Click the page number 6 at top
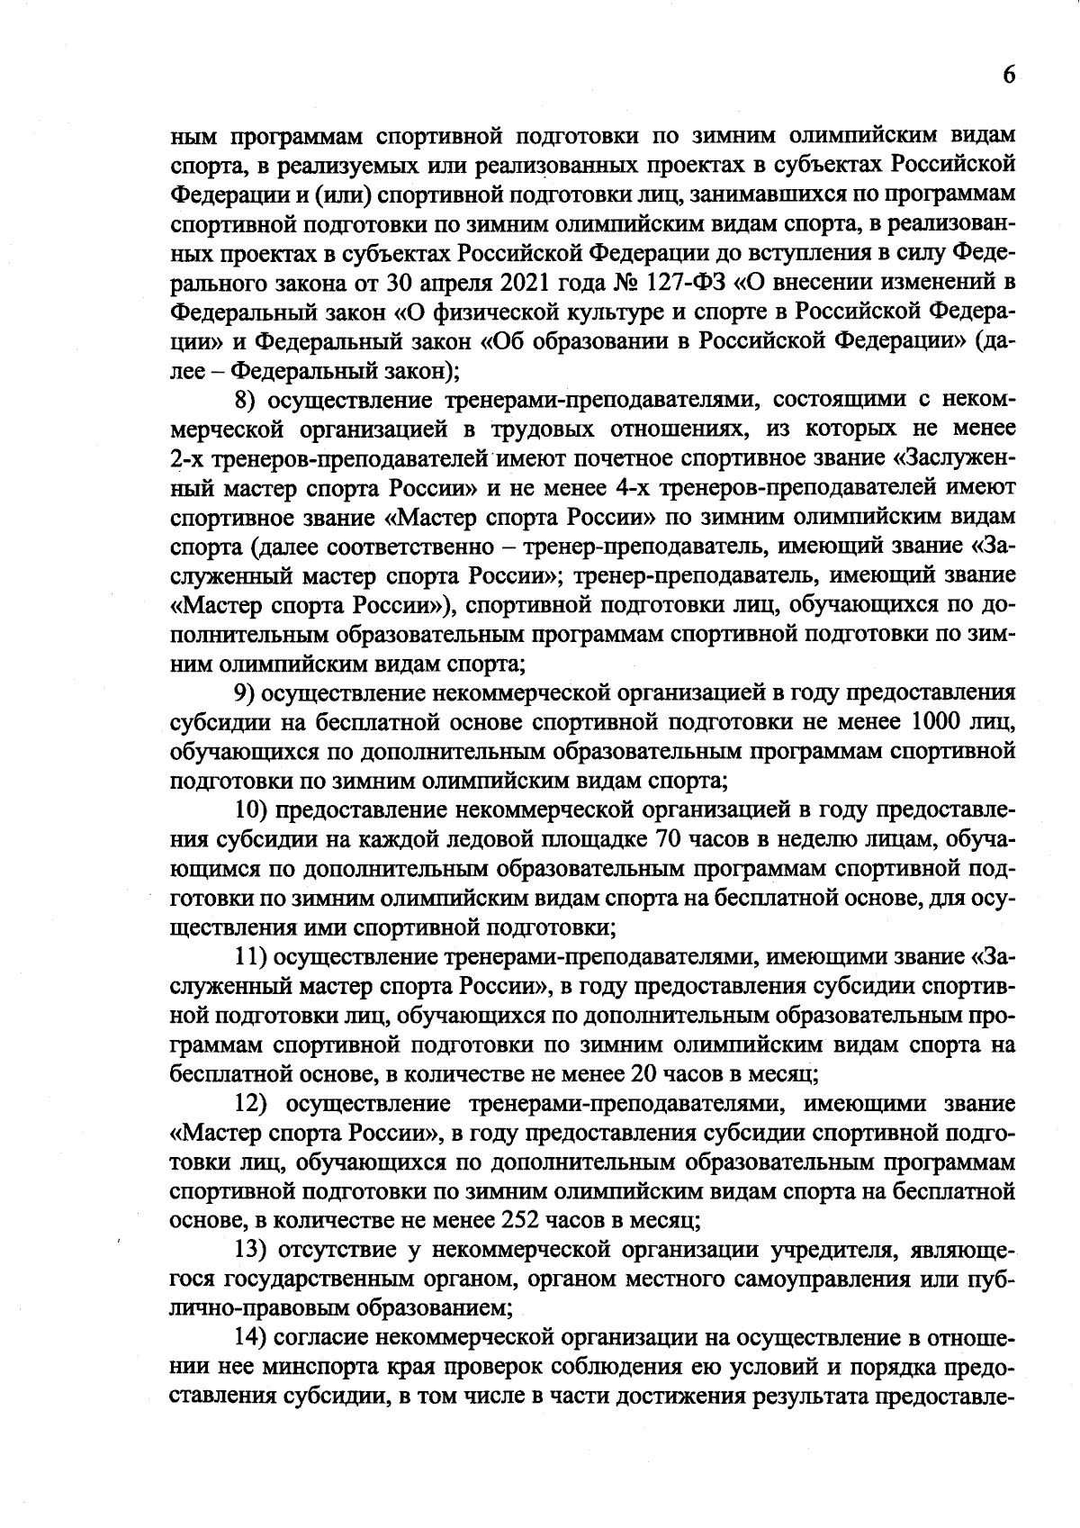pos(1009,76)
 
